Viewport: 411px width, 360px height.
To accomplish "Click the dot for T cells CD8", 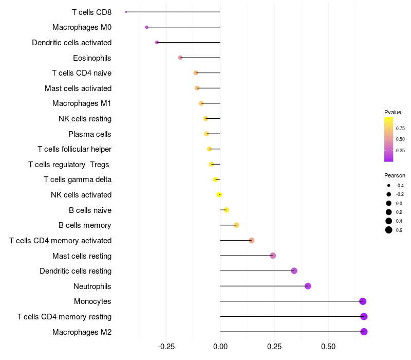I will (126, 12).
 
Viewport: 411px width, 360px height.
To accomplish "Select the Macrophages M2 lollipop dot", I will (364, 332).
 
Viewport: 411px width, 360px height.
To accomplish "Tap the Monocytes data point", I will (363, 301).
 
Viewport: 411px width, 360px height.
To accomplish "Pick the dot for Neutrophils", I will (308, 286).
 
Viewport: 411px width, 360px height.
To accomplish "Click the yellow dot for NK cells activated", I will (219, 195).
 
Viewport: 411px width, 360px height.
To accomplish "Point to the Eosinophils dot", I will (180, 58).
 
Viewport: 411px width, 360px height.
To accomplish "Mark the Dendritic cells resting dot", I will (294, 271).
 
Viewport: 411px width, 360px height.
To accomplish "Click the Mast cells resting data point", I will (273, 256).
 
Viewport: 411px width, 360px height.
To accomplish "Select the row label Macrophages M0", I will (82, 27).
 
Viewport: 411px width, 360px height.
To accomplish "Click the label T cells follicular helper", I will (74, 149).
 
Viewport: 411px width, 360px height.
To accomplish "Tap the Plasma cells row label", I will (90, 134).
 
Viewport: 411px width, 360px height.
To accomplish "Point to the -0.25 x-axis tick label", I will (166, 347).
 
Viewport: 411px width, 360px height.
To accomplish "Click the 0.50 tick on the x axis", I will (328, 347).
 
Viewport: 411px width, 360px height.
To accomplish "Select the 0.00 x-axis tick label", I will (220, 347).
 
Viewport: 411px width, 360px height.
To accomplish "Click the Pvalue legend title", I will (393, 112).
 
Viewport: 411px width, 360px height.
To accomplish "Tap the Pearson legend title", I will (395, 175).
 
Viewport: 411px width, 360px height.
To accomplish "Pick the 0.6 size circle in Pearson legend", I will (389, 230).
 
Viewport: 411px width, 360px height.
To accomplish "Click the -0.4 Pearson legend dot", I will (389, 185).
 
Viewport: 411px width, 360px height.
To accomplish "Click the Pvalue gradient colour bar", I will (389, 139).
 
